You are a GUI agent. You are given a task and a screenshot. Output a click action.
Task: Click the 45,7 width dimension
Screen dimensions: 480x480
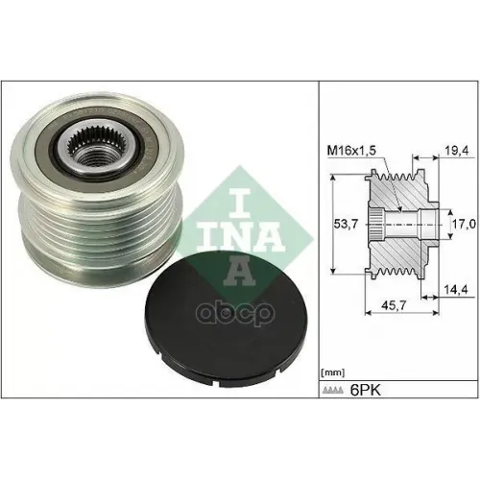391,305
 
